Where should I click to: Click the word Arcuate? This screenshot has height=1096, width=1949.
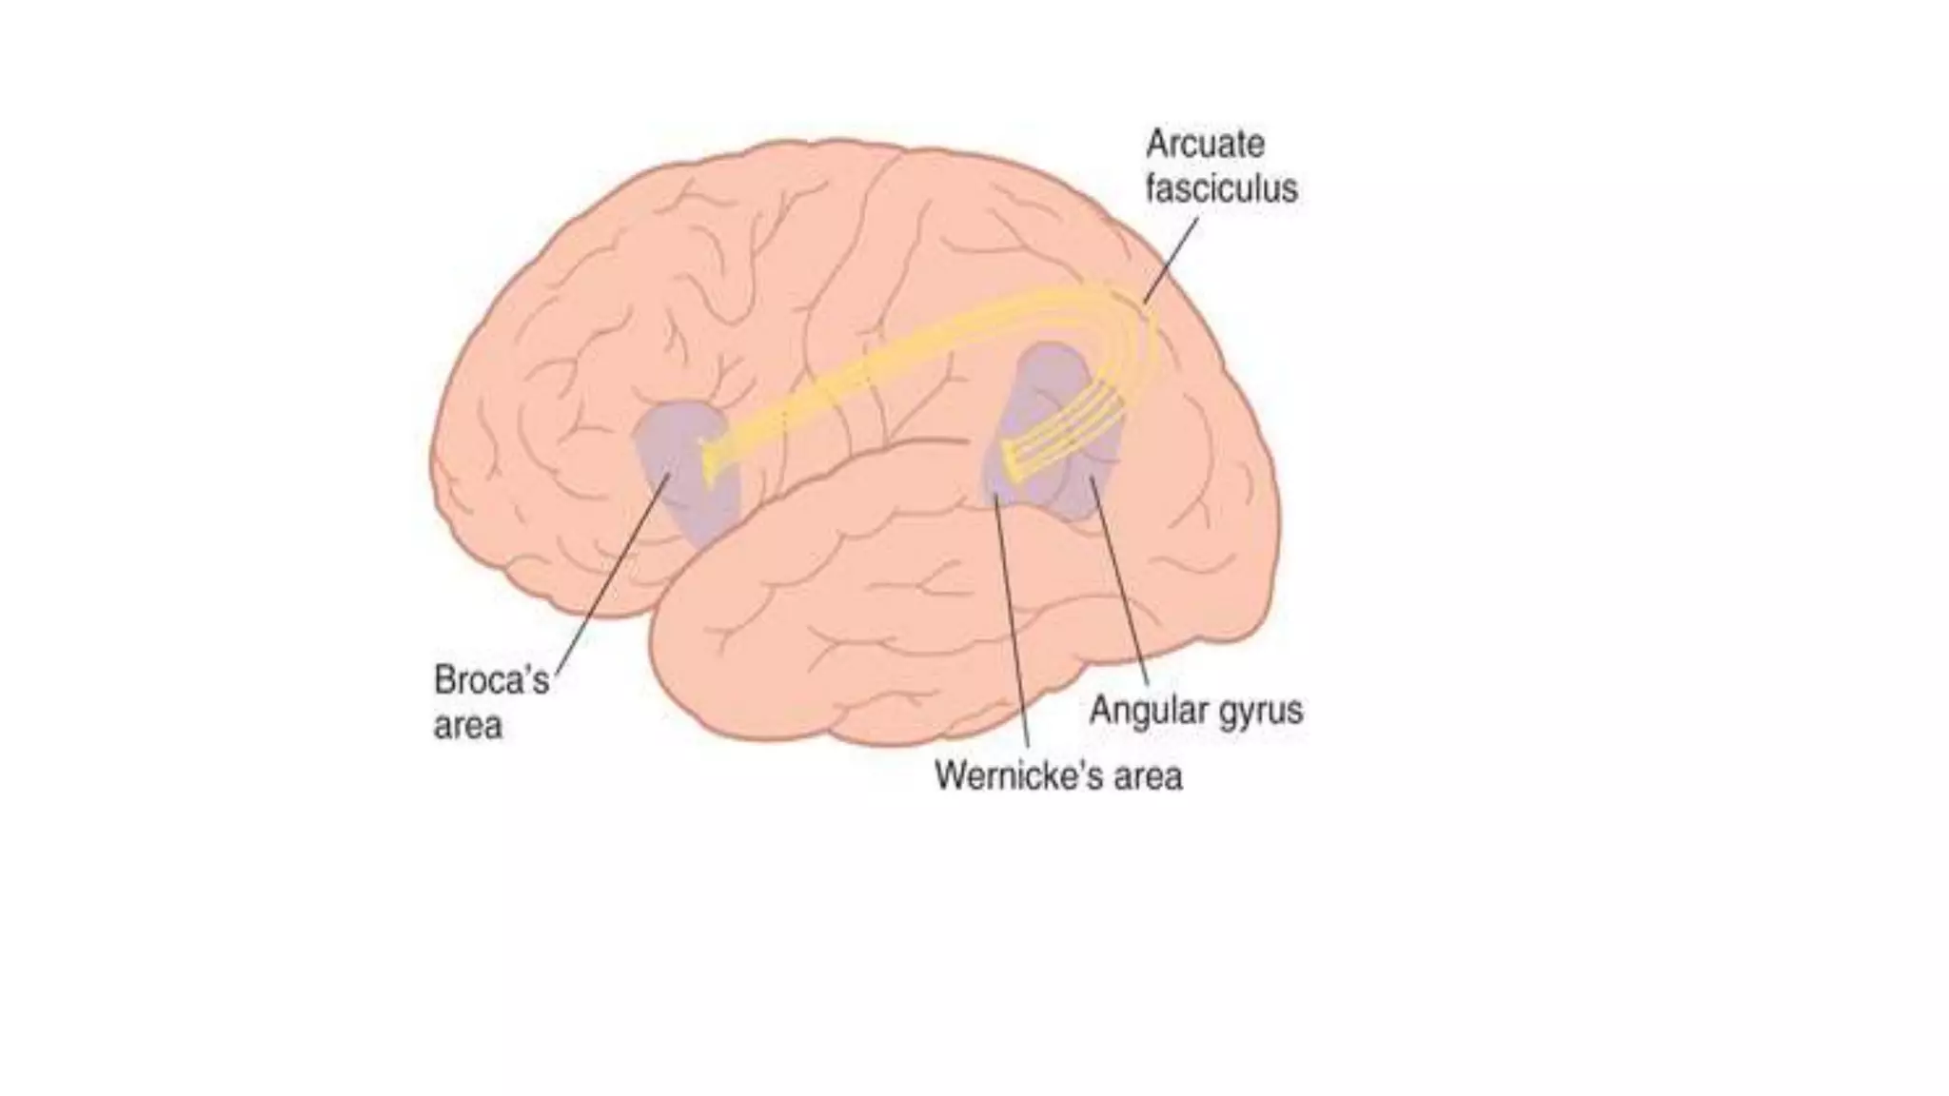[x=1205, y=145]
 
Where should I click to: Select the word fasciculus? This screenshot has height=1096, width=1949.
[x=1221, y=188]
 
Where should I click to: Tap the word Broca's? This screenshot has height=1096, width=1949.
[x=491, y=681]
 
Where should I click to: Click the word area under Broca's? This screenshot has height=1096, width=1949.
[x=467, y=727]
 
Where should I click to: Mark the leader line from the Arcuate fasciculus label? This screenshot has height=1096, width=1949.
[x=1171, y=259]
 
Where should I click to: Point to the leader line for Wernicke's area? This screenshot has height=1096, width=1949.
[x=1011, y=618]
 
